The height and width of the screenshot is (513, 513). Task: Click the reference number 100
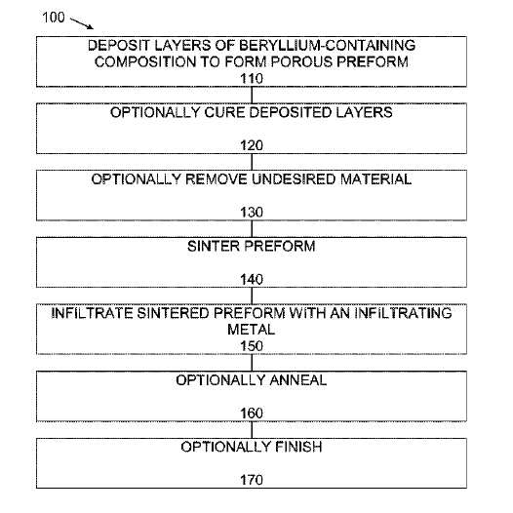click(x=54, y=18)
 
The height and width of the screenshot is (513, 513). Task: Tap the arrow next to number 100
click(x=82, y=23)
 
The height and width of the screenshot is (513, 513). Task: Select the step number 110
click(x=252, y=79)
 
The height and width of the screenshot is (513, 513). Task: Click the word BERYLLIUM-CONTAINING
click(x=327, y=46)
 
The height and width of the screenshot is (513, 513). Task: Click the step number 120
click(x=252, y=145)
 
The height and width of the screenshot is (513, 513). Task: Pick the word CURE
click(x=224, y=112)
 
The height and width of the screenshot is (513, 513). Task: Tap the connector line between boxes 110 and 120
click(x=252, y=96)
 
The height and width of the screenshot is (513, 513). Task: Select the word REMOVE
click(x=217, y=179)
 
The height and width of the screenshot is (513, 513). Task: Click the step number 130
click(x=252, y=213)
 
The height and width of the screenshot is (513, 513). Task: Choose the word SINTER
click(x=213, y=247)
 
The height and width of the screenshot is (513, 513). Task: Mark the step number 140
click(x=252, y=279)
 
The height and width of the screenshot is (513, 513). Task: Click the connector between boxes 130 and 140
click(x=252, y=229)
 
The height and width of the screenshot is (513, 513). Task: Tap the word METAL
click(x=252, y=330)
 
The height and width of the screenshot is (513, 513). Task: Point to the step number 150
click(x=252, y=346)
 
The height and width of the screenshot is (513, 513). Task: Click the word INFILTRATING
click(x=403, y=313)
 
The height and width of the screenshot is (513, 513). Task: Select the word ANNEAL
click(x=298, y=380)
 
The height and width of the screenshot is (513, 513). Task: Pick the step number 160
click(x=252, y=414)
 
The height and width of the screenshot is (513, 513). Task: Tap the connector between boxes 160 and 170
click(x=252, y=430)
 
